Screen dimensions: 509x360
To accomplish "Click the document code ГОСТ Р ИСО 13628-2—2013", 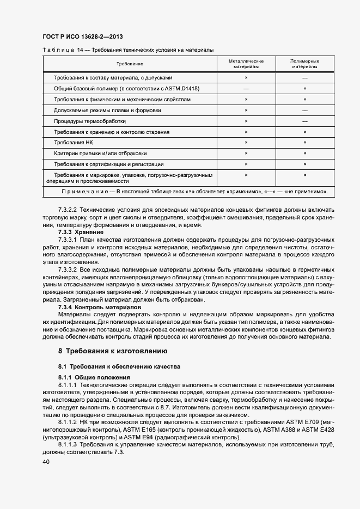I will point(82,37).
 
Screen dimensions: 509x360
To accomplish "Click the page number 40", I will point(46,462).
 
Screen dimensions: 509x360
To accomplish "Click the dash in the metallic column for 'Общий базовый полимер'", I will point(246,89).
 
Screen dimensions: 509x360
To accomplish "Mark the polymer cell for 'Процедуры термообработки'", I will point(304,121).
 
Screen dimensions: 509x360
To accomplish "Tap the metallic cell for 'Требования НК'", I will point(246,143).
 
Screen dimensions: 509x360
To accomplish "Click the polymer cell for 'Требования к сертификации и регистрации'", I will point(304,164).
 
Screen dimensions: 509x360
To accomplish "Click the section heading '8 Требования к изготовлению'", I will point(113,351).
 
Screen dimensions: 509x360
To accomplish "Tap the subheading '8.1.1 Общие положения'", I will point(94,377).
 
